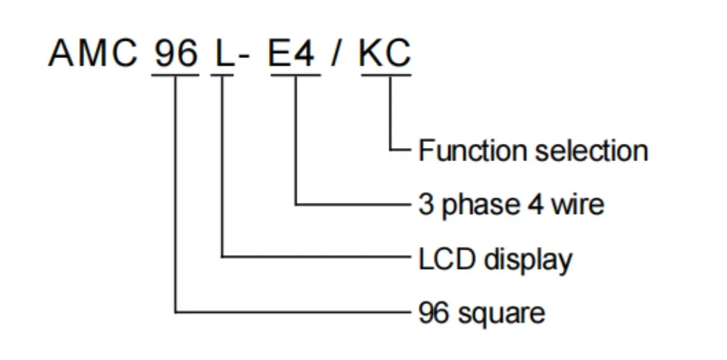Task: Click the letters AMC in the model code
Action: click(x=92, y=54)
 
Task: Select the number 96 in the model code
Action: click(x=175, y=54)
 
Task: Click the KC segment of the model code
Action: click(x=385, y=54)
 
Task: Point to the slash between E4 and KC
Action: click(x=338, y=54)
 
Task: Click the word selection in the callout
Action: click(x=592, y=151)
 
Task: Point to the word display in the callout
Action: click(x=528, y=260)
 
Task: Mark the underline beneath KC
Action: click(x=385, y=74)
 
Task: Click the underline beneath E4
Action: click(x=293, y=74)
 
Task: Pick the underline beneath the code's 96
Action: click(x=175, y=74)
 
